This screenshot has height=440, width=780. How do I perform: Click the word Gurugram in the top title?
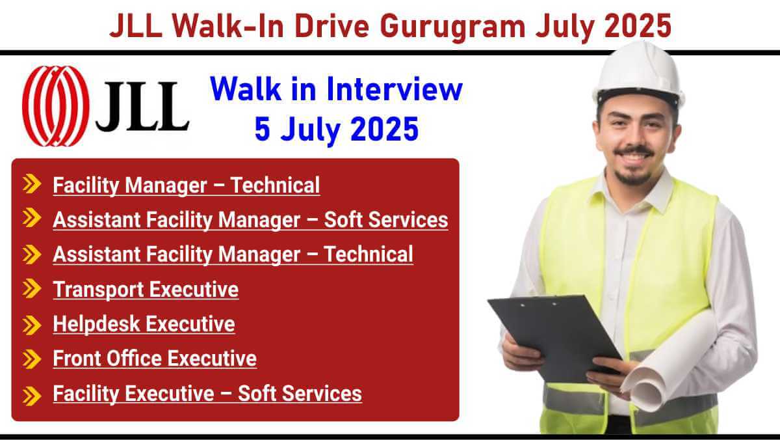coord(452,27)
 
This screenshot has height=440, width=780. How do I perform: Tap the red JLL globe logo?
coord(56,106)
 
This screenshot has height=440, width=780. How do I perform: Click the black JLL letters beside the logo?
coord(142,106)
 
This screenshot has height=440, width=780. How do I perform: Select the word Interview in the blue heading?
coord(395,89)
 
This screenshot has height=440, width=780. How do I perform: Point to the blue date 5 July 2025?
coord(337,130)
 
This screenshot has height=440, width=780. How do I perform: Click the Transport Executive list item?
coord(146,290)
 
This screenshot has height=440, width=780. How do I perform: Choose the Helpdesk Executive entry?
coord(144,324)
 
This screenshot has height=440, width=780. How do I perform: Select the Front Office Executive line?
coord(155,359)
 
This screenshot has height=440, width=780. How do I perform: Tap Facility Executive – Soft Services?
coord(207,394)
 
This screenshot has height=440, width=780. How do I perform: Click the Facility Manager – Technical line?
coord(187,186)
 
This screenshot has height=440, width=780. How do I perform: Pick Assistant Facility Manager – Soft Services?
coord(250,221)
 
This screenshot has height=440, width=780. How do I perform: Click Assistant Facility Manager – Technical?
coord(233,254)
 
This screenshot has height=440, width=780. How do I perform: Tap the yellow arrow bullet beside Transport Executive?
coord(32,288)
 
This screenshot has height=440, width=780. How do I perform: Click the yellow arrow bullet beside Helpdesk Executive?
coord(32,325)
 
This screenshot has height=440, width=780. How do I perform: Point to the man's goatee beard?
coord(633,176)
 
